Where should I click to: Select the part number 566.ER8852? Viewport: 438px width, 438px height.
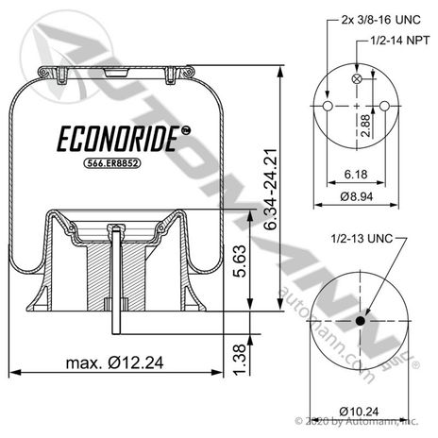click(x=111, y=163)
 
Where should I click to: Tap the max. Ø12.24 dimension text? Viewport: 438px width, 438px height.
click(x=114, y=362)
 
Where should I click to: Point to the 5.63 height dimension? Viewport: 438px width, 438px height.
click(x=240, y=261)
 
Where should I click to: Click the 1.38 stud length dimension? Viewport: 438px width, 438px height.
click(x=240, y=360)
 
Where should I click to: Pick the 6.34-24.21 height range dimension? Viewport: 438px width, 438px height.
click(x=271, y=189)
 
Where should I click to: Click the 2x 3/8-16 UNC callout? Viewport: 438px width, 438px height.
click(x=380, y=20)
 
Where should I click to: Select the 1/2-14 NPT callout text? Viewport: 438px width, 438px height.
click(x=399, y=41)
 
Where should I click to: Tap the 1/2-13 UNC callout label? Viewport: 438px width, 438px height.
click(x=362, y=239)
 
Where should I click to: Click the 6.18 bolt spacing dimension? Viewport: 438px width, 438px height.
click(x=356, y=174)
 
